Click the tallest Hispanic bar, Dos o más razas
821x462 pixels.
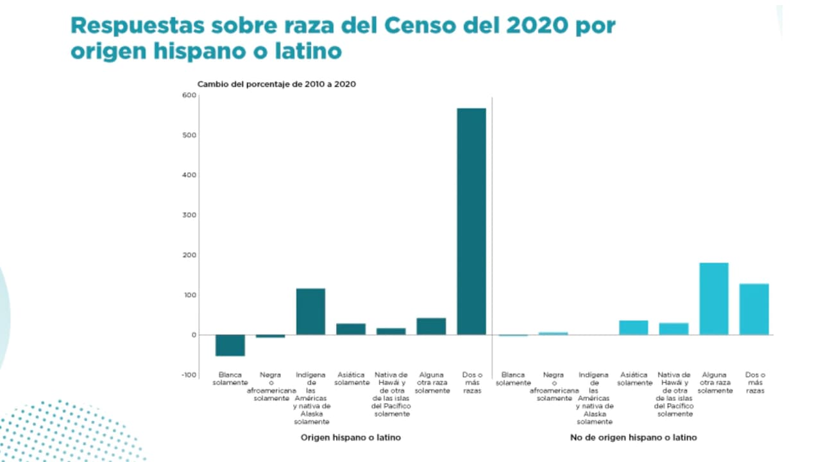pos(471,221)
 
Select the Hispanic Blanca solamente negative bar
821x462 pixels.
pos(230,345)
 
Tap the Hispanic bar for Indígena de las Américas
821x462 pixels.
pos(310,312)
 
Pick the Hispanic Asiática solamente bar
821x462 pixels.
pos(351,329)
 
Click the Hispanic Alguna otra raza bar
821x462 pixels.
pos(431,327)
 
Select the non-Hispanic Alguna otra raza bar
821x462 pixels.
pos(713,299)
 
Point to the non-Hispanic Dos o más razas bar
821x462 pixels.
pos(754,309)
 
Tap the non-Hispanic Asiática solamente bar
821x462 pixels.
pos(633,328)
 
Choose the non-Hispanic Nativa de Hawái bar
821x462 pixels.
pos(673,329)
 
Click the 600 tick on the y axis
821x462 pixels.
pos(189,95)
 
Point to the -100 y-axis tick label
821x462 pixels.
pos(187,375)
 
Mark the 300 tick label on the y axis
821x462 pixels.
pos(189,215)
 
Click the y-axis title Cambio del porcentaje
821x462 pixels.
pos(276,84)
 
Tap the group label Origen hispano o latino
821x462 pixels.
pos(351,438)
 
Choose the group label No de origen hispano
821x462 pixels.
pos(633,438)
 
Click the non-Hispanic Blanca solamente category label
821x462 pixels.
pos(512,379)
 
